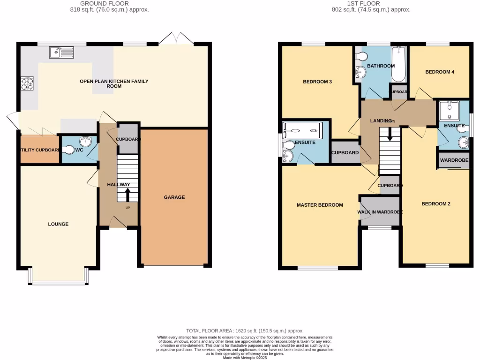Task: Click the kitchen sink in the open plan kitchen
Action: coord(60,52)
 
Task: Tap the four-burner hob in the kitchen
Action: coord(28,83)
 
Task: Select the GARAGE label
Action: coord(174,197)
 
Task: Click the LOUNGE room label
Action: coord(58,224)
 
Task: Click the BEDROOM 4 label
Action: coord(440,72)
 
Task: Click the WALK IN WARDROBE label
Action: coord(380,212)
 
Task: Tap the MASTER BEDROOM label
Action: coord(320,205)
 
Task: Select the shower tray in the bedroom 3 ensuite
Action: coord(302,128)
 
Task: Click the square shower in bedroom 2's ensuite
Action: coord(450,111)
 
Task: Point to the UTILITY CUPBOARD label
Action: coord(39,150)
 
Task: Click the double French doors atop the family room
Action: coord(177,39)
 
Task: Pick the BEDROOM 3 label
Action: coord(317,82)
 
